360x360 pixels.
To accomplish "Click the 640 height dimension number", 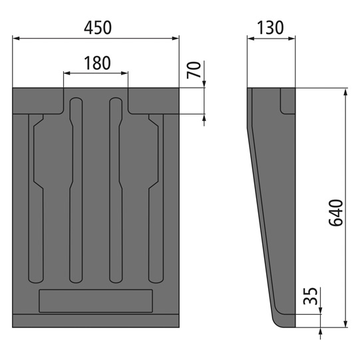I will [335, 212].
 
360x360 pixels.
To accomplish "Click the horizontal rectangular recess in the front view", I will [97, 301].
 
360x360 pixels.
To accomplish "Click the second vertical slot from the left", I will [75, 193].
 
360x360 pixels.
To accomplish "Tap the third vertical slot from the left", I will [116, 193].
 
